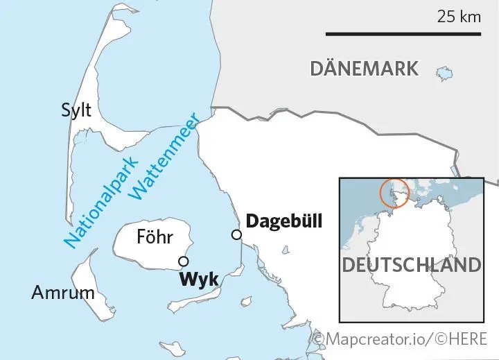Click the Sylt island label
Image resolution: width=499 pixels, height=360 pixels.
pos(76,110)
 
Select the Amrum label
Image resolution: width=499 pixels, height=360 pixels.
pos(63,293)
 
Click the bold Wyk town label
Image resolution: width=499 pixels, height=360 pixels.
pos(199,280)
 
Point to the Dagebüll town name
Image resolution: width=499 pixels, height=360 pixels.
pos(286,222)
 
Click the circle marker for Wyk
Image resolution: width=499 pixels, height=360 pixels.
pos(183,262)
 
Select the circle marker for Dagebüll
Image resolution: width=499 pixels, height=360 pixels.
pos(237,235)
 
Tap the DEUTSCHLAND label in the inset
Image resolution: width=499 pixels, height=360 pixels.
pos(411,265)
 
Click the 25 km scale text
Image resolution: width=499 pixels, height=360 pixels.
pos(458,17)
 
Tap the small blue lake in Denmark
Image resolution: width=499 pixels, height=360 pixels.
pos(444,73)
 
